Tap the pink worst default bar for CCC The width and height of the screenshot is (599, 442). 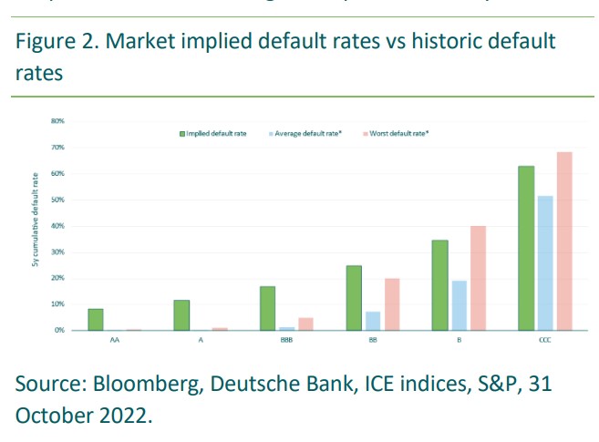(564, 241)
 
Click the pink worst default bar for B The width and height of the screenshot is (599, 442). (478, 278)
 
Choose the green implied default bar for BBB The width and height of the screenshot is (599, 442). (267, 308)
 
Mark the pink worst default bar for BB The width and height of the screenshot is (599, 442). (392, 303)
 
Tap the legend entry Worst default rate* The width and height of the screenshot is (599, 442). (398, 133)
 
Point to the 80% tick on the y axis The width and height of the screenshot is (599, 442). (57, 120)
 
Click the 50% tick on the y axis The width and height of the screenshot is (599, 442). (57, 200)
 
